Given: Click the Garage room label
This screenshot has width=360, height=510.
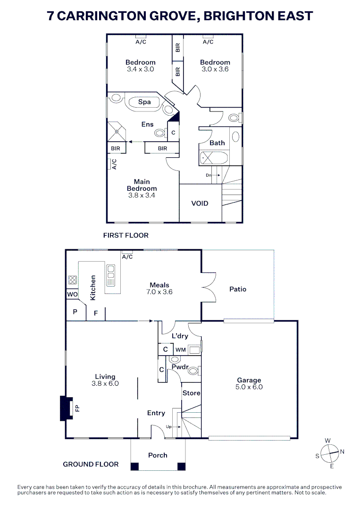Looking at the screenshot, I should point(249,380).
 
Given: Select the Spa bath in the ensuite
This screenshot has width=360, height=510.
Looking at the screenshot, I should point(144,102).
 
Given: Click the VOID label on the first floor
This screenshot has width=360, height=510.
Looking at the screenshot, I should point(200,204).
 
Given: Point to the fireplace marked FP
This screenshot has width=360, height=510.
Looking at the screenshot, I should point(66,408).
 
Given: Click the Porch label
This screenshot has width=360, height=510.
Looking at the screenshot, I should point(158,455).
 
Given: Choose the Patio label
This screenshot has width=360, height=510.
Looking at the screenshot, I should point(238,289).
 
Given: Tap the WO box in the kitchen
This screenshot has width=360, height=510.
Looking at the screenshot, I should point(72,295).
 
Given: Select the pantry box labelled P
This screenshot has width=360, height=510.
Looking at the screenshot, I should point(75,312).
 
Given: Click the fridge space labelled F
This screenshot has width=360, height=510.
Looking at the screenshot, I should point(96,313).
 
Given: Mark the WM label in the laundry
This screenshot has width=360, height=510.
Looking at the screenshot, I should point(181,350).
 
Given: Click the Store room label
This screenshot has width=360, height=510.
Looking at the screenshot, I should point(191,393).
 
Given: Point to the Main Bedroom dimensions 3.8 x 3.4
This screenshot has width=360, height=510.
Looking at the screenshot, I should point(142,195).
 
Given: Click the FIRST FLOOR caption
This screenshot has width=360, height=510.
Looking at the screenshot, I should point(126,235).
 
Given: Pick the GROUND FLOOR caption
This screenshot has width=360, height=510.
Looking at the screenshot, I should point(91,464).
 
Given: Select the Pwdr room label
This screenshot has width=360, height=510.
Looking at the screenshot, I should point(180,366).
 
